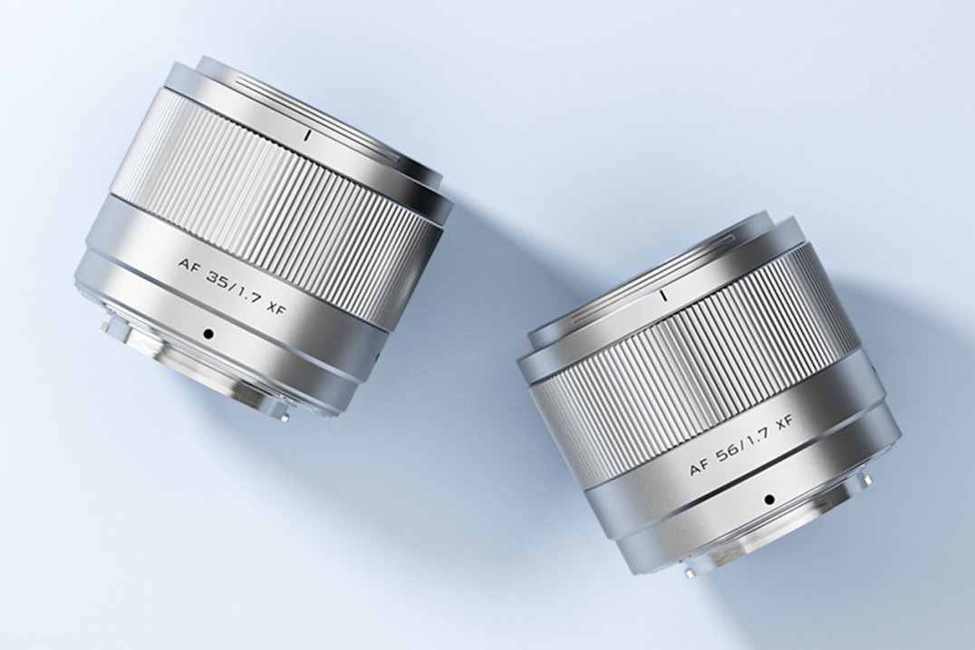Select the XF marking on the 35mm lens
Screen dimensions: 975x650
275,306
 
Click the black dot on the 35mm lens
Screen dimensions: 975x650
209,335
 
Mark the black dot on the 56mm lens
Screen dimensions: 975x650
769,499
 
